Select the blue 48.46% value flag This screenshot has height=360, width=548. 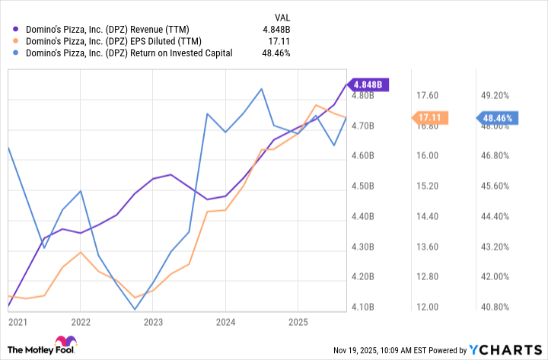(498, 117)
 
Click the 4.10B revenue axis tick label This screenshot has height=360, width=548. (364, 307)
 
